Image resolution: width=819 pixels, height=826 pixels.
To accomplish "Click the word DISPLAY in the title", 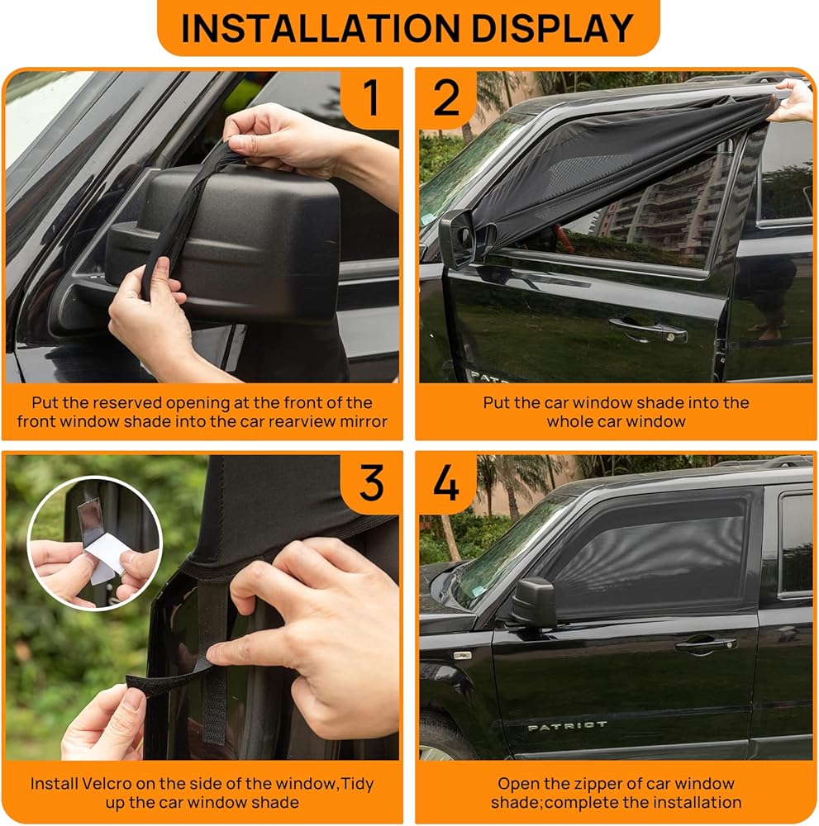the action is pos(552,28).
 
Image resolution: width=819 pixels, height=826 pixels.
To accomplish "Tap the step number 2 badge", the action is pos(446,97).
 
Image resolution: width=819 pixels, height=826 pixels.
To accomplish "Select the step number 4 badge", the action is pos(446,483).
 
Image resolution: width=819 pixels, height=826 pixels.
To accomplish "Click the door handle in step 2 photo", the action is pos(648,330).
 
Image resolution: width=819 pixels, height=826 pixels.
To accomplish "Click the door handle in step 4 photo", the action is pos(706,643).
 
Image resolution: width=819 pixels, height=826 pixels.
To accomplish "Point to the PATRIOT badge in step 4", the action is pos(567,726).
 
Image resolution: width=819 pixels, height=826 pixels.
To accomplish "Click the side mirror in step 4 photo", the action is pos(533,603).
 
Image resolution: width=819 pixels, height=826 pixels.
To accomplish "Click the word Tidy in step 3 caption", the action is pos(358,784).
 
